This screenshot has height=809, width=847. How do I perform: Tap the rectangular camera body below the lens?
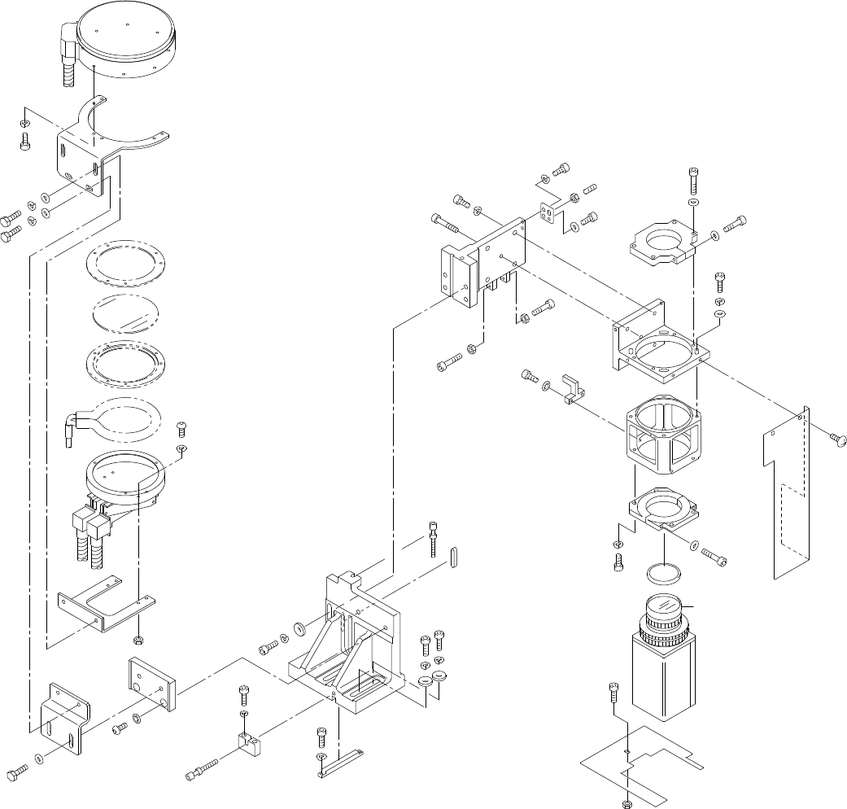(x=665, y=680)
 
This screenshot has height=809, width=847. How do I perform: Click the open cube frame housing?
(x=661, y=437)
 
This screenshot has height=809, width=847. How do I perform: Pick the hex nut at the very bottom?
(x=626, y=802)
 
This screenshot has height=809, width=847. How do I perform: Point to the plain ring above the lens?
(x=663, y=573)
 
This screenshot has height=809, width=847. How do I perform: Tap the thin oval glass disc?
(x=126, y=313)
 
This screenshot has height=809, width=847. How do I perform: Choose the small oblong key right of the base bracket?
(x=453, y=559)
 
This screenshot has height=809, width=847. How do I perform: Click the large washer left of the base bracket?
(x=299, y=628)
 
